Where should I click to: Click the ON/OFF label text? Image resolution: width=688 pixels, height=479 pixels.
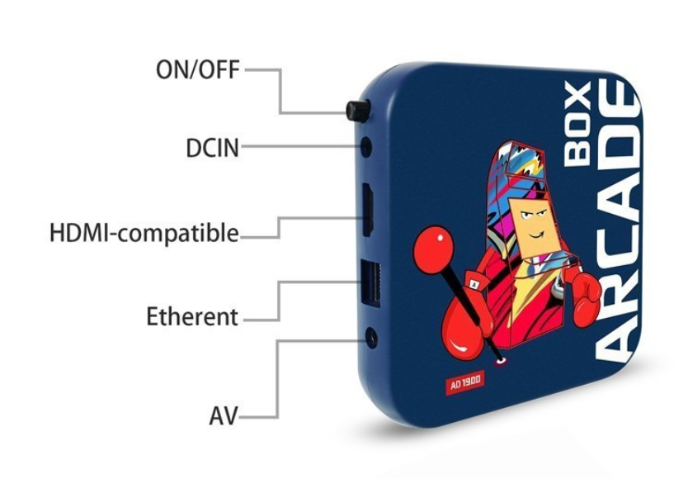point(198,69)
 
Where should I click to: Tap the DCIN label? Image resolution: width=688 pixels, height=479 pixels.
point(212,148)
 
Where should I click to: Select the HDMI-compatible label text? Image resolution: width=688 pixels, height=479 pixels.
point(144,233)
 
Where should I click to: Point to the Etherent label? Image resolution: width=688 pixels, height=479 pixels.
point(192,316)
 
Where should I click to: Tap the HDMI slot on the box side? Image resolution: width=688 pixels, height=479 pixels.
point(368,210)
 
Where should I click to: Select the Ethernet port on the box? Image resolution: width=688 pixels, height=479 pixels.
point(370,284)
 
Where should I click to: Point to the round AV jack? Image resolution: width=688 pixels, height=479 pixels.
point(371,338)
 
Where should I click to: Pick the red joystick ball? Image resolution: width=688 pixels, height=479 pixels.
point(432,245)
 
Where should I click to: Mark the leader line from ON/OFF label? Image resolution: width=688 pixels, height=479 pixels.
point(280,91)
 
